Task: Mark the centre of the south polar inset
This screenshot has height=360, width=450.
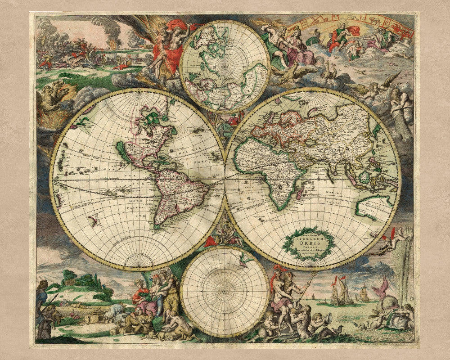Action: tap(225, 292)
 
